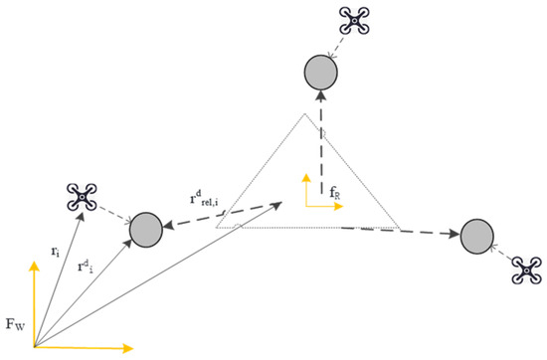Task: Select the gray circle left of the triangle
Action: (x=147, y=228)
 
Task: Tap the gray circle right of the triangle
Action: (x=478, y=238)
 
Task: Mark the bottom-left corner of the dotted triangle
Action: (x=217, y=227)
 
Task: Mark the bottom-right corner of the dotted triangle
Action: (x=400, y=228)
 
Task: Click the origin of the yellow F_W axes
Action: (x=35, y=348)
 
